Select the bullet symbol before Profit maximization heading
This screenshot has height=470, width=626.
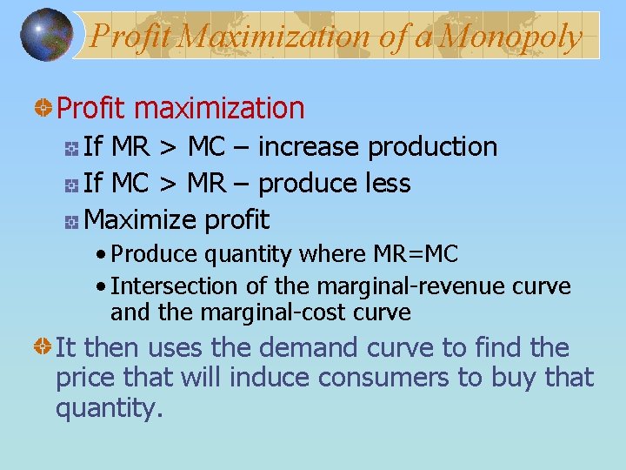[41, 109]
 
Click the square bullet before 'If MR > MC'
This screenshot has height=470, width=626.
[72, 149]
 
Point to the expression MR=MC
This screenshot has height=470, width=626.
[416, 254]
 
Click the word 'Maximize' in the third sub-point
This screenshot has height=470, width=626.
[142, 220]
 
